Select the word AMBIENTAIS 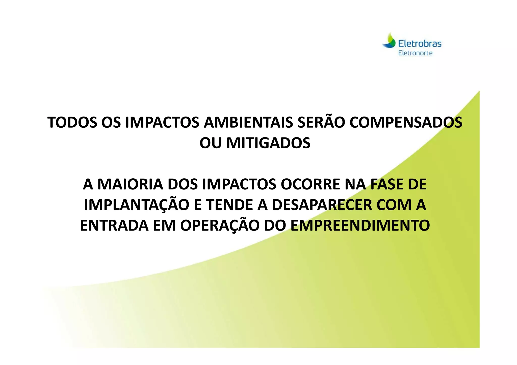pos(248,123)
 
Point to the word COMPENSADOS pos(406,123)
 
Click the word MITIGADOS pos(268,143)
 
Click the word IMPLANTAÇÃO pos(136,205)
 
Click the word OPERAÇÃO pos(220,226)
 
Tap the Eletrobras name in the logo pos(420,44)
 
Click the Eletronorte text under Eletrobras pos(415,53)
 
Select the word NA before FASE pos(355,184)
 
